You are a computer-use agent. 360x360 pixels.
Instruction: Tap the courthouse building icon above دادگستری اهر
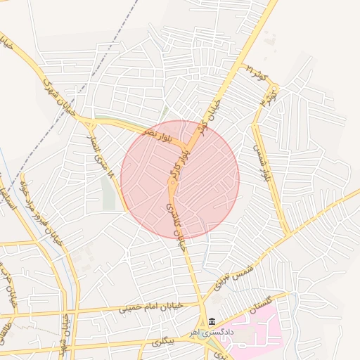[212, 323]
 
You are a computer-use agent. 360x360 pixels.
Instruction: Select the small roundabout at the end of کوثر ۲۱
[274, 87]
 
